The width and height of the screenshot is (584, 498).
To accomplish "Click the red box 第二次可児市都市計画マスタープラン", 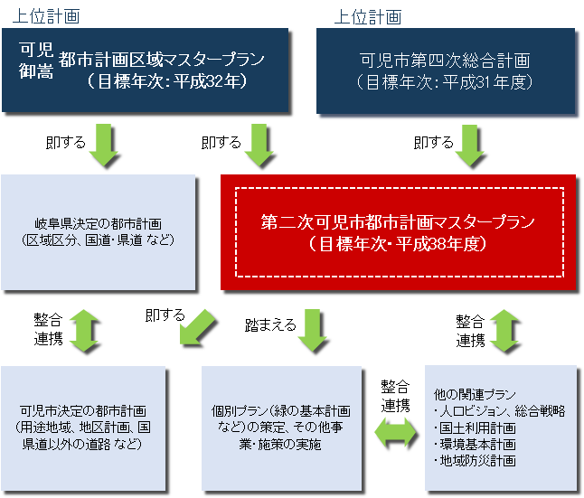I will [398, 232].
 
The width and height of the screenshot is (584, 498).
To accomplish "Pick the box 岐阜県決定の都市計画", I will [99, 232].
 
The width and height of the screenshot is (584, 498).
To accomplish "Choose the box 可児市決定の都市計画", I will [84, 428].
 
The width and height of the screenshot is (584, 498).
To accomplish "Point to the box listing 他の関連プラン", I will [500, 428].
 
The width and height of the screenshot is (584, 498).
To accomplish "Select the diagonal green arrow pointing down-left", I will [200, 331].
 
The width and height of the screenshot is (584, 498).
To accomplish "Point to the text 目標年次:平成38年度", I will [398, 244].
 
